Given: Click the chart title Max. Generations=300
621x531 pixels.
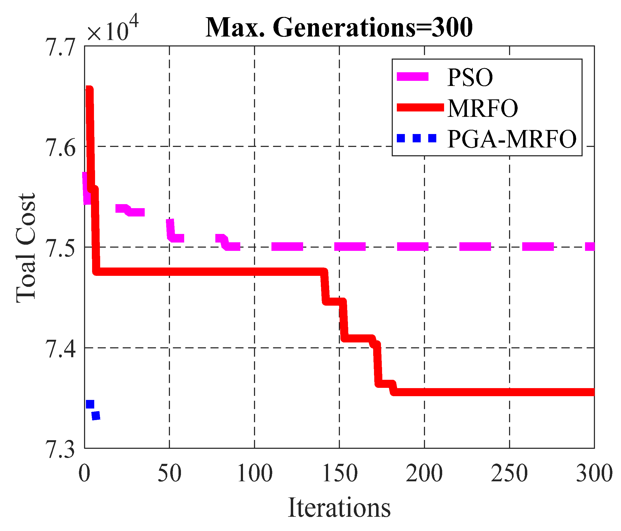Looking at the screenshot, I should (x=339, y=28).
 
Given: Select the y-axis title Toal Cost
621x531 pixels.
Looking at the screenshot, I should (x=26, y=248).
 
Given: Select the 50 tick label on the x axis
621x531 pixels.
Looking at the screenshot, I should (x=169, y=474).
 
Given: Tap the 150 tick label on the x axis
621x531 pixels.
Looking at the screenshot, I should (x=340, y=474).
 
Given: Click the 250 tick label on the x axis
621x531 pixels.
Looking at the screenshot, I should (x=509, y=474).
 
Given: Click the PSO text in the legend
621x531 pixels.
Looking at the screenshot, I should (x=470, y=78).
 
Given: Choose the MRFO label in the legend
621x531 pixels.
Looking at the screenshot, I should (x=482, y=108).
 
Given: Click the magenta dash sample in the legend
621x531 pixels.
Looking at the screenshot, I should (x=413, y=77).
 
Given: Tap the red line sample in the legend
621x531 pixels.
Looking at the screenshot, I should (x=420, y=107).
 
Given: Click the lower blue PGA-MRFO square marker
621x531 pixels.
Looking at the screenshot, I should (x=96, y=416).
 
